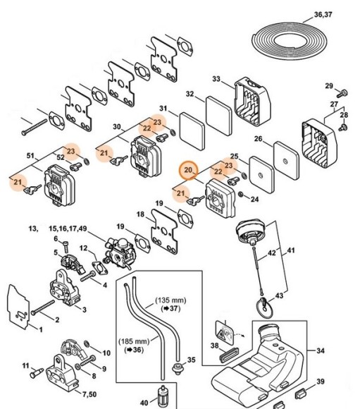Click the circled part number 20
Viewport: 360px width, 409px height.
188,170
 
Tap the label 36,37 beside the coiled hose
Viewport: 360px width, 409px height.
323,15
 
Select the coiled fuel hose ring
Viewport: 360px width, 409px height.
290,41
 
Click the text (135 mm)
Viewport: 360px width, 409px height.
170,300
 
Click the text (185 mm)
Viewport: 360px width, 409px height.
134,341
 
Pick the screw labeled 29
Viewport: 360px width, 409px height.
342,93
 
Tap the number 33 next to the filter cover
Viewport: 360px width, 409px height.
216,79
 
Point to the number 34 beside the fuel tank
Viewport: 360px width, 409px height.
321,350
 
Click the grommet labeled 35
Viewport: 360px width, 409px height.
179,368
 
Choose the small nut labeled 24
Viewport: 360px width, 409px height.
241,195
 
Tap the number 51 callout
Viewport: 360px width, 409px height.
30,156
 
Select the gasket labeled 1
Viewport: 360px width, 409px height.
18,307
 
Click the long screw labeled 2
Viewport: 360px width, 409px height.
43,307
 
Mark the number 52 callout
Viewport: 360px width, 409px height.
60,157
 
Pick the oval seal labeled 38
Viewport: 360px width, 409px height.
229,355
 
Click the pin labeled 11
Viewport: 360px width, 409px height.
36,373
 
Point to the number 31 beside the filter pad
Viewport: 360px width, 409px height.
163,109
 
